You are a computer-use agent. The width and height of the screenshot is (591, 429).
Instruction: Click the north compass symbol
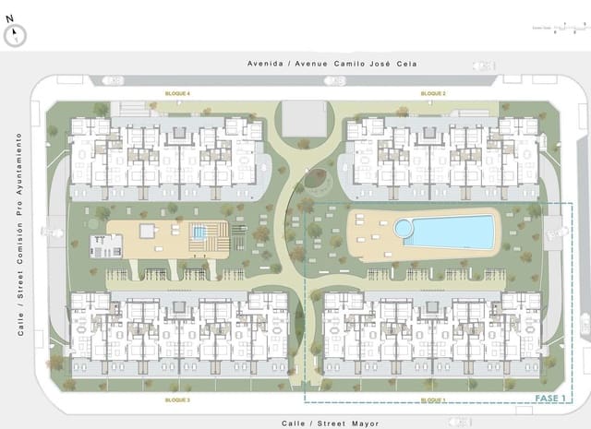15,35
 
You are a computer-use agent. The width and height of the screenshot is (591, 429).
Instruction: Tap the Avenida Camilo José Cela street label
332,64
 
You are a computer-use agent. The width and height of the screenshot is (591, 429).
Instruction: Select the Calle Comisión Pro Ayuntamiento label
18,232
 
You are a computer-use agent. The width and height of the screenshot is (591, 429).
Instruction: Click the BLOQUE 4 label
177,94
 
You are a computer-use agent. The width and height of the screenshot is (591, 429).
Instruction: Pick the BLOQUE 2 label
433,94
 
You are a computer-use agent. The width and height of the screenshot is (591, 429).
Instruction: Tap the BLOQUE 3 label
177,400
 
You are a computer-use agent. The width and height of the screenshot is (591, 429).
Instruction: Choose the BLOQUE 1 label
433,400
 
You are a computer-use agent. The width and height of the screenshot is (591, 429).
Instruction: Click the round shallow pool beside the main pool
404,227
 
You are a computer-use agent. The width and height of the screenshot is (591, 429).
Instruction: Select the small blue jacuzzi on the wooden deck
199,232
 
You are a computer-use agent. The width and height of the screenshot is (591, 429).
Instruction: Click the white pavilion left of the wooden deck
107,245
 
